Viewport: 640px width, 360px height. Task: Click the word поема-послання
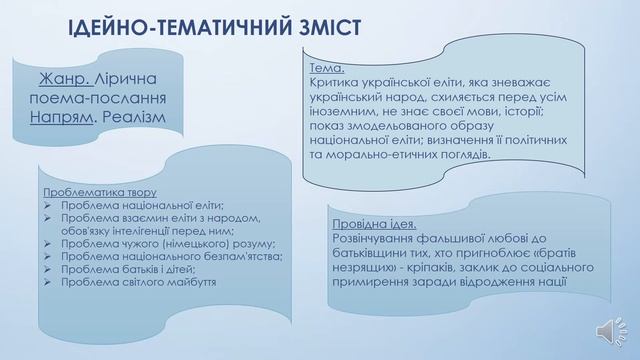click(x=91, y=99)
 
